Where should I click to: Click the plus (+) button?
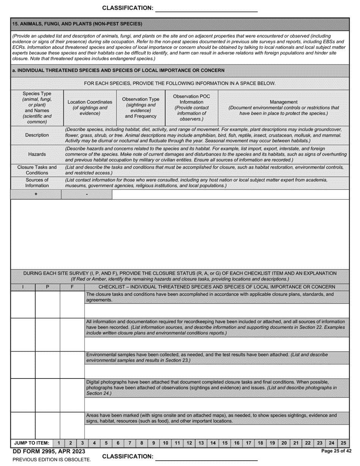point(36,194)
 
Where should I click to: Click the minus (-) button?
point(87,194)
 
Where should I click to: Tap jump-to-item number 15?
point(225,443)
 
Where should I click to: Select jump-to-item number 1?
point(59,443)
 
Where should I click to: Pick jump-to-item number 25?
point(343,443)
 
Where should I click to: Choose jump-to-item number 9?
point(153,443)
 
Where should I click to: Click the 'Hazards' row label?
point(37,154)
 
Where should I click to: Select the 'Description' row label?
point(37,135)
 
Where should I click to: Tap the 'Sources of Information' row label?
point(37,183)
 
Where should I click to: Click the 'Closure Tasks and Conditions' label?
point(37,170)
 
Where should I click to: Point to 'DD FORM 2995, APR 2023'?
point(49,451)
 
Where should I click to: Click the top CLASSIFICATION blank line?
point(207,9)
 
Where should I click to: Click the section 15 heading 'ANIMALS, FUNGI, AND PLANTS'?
point(77,24)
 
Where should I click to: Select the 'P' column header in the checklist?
point(47,287)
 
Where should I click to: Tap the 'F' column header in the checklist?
point(72,287)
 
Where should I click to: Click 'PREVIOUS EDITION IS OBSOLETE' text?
point(52,460)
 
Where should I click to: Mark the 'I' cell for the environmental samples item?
point(23,364)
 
